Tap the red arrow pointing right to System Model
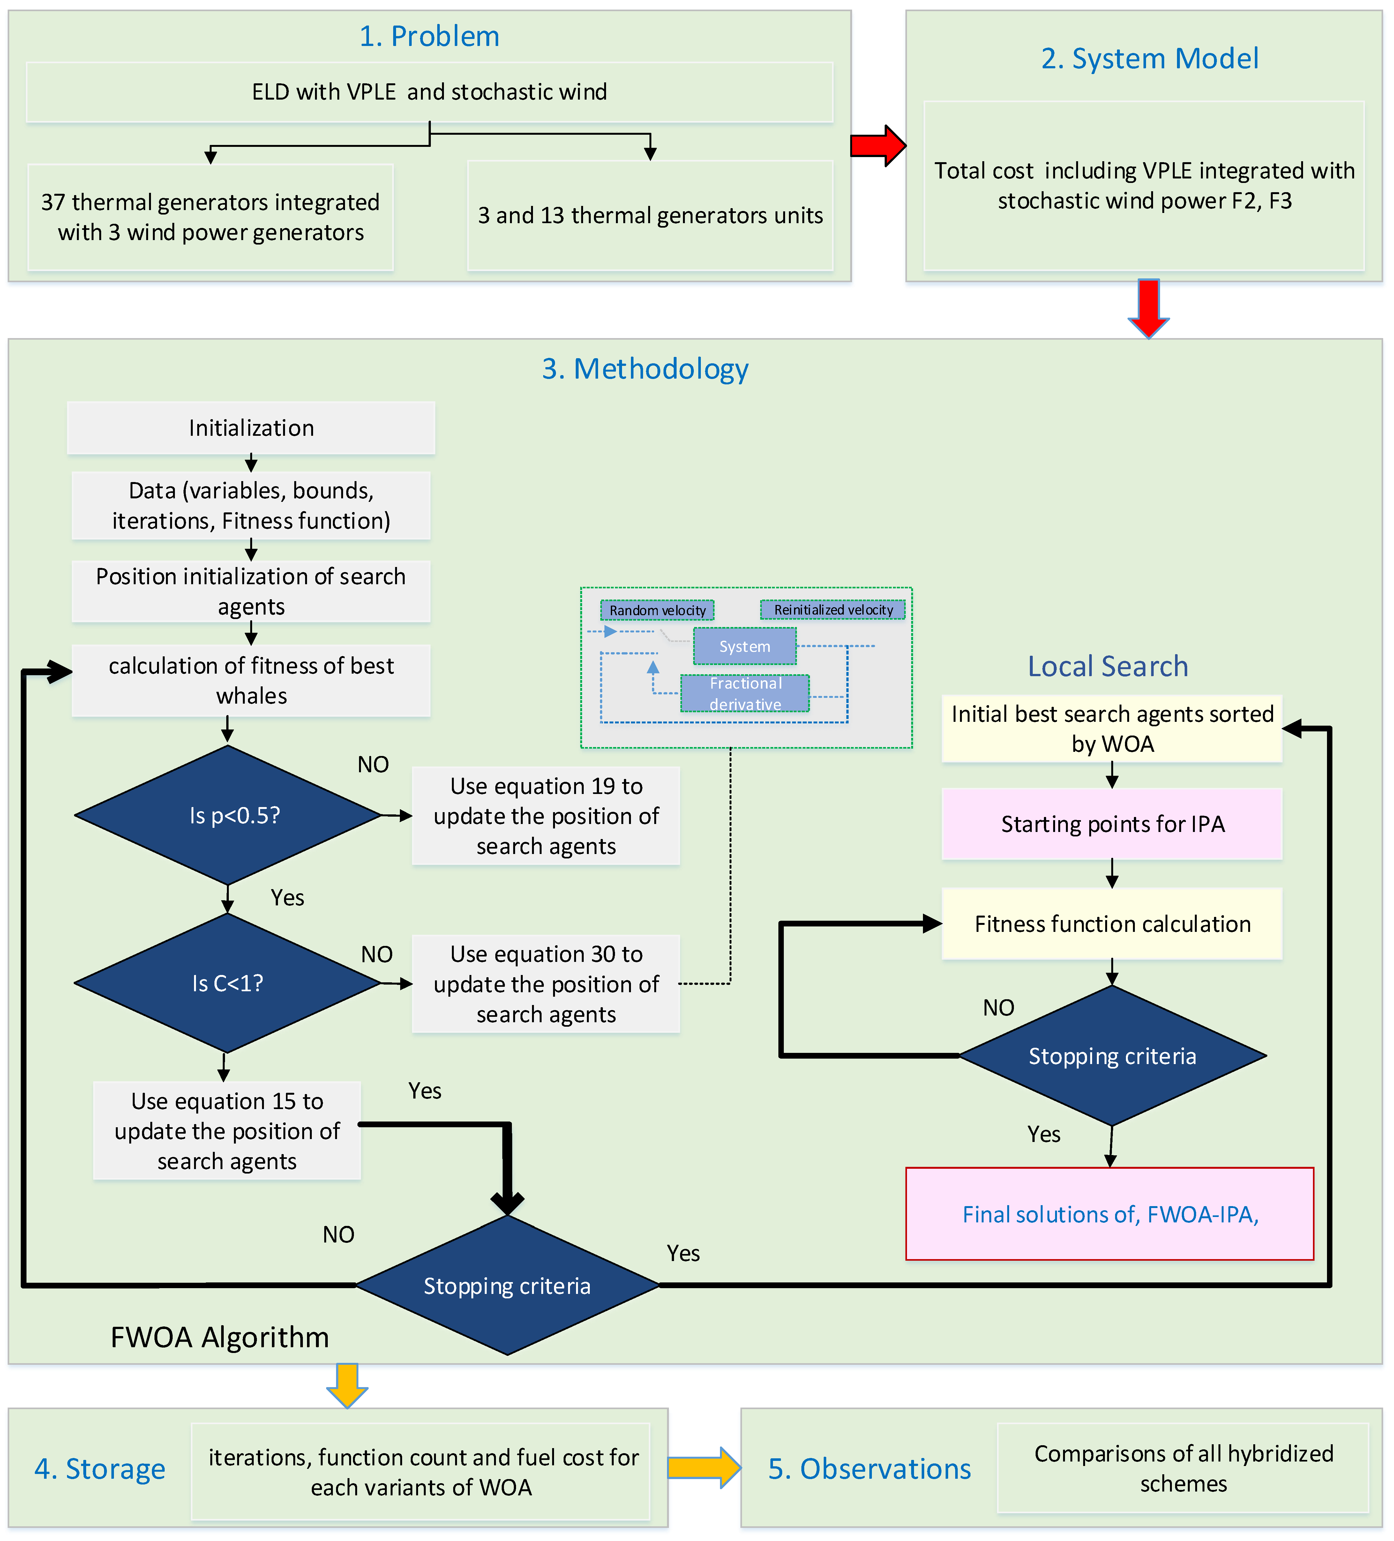pos(877,145)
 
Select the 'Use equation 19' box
pos(546,816)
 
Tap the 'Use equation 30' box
pos(546,984)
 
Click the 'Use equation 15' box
pos(227,1130)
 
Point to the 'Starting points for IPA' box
pos(1112,824)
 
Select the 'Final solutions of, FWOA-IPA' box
pos(1110,1214)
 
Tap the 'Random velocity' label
pos(657,610)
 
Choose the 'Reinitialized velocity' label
pos(833,609)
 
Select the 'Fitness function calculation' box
pos(1112,924)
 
